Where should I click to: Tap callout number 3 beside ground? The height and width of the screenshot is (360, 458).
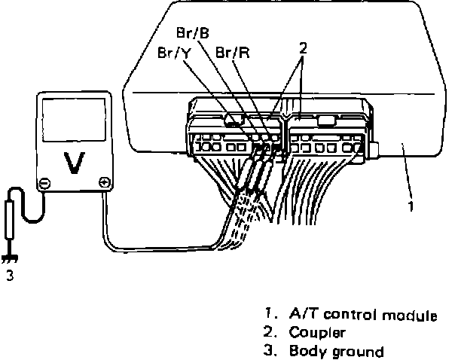pyautogui.click(x=10, y=276)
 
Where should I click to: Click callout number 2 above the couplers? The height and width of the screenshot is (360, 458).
pyautogui.click(x=302, y=47)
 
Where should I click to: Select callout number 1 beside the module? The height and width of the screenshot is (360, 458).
pyautogui.click(x=411, y=205)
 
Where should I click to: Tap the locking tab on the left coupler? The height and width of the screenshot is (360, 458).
pyautogui.click(x=235, y=118)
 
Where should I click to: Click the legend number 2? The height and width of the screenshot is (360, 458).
pyautogui.click(x=270, y=332)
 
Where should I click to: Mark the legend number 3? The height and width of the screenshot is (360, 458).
pyautogui.click(x=270, y=351)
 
